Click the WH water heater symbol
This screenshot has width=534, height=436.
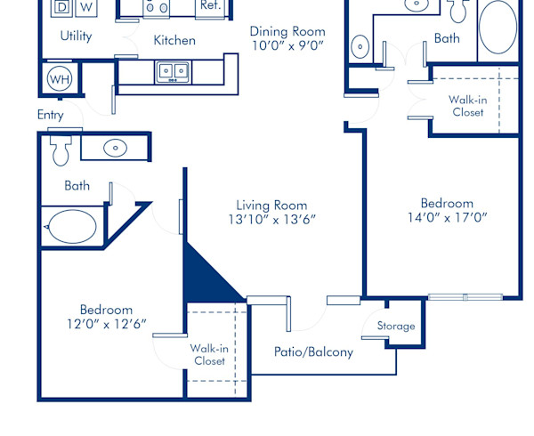61,77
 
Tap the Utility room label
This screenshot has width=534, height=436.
77,36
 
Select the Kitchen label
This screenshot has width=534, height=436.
174,40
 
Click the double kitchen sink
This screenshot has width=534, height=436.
172,71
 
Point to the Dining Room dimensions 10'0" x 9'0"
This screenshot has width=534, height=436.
287,46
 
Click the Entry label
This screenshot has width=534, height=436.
50,115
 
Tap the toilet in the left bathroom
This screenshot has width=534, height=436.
61,150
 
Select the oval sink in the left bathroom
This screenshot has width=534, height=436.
116,148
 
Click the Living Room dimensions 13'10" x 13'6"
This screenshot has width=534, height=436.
271,219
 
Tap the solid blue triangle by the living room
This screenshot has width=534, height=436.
204,275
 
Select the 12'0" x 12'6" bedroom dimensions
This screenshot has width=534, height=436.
106,324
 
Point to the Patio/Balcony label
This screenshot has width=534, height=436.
313,351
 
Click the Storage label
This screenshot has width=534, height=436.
395,327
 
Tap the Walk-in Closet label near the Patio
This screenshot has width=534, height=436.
209,354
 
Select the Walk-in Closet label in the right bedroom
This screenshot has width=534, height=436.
466,106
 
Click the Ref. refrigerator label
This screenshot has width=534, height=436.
210,5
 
